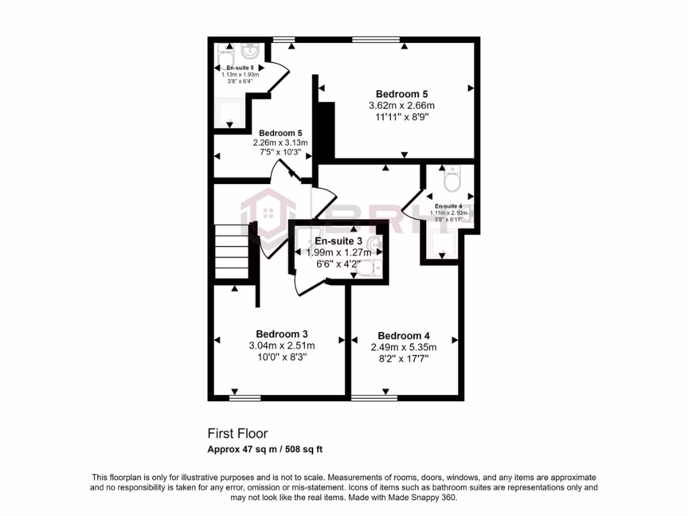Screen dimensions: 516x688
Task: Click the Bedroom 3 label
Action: click(x=282, y=334)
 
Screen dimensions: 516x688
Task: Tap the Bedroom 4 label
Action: click(x=403, y=335)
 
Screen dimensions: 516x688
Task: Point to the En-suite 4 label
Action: click(x=448, y=206)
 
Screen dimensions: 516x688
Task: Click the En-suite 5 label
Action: click(x=240, y=68)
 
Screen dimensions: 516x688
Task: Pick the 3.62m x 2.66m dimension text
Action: click(x=402, y=105)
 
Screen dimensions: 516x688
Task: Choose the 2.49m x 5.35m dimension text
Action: click(x=403, y=347)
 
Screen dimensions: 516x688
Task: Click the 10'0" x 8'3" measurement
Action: click(x=282, y=358)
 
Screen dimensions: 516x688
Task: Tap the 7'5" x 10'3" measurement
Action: click(x=280, y=153)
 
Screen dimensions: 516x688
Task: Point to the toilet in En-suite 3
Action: click(x=367, y=269)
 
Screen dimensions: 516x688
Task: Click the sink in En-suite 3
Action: click(x=374, y=243)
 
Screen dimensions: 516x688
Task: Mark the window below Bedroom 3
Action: click(x=245, y=398)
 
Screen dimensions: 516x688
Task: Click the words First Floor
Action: click(x=237, y=434)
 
